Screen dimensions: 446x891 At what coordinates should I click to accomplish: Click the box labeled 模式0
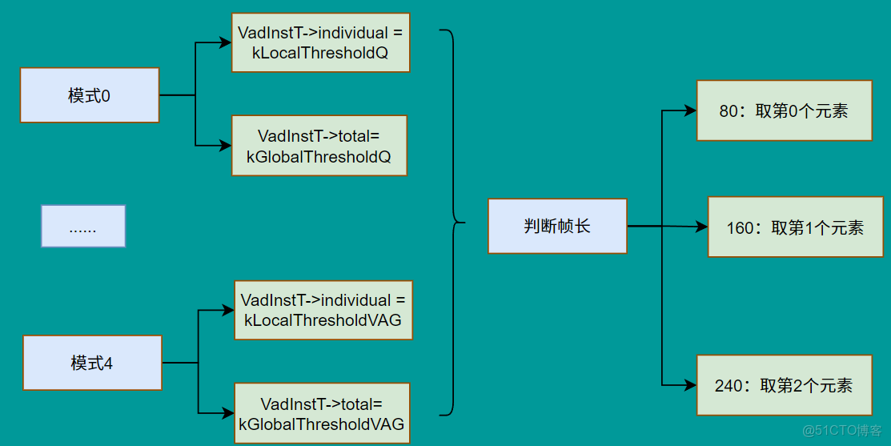click(x=90, y=95)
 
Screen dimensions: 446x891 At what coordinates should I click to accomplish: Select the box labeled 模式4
click(x=92, y=363)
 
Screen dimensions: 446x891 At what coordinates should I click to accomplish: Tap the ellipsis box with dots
click(x=83, y=226)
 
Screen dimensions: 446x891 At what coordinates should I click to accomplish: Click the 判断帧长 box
click(x=557, y=227)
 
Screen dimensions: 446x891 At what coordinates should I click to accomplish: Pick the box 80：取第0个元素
click(x=784, y=110)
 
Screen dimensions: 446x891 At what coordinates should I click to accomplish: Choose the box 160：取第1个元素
click(x=795, y=228)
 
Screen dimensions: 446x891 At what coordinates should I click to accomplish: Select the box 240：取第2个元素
click(x=784, y=385)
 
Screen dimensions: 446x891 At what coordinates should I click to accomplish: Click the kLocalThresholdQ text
click(x=319, y=54)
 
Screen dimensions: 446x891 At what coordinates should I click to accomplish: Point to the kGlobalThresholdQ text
click(x=319, y=157)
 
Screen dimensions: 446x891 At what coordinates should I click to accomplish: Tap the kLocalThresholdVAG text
click(x=323, y=321)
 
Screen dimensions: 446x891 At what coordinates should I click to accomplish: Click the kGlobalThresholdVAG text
click(x=321, y=424)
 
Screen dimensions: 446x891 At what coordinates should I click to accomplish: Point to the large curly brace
click(x=455, y=222)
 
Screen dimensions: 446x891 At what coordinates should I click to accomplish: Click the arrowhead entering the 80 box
click(x=690, y=111)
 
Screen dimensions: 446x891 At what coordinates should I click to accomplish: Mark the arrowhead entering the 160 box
click(x=701, y=227)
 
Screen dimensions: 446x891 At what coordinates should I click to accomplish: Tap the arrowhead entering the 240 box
click(x=690, y=385)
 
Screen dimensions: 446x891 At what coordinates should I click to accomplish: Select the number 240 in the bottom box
click(x=728, y=386)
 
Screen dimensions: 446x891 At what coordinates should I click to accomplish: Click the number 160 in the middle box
click(x=740, y=228)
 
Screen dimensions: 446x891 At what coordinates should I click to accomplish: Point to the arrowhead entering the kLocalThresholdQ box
click(x=225, y=43)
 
